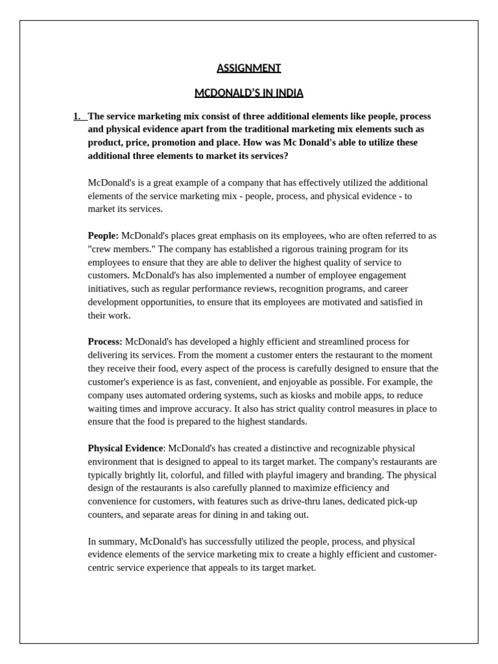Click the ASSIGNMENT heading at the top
pyautogui.click(x=248, y=68)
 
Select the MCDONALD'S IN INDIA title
pyautogui.click(x=248, y=93)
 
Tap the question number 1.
pyautogui.click(x=78, y=117)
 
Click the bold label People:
pyautogui.click(x=103, y=235)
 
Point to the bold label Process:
pyautogui.click(x=105, y=342)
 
